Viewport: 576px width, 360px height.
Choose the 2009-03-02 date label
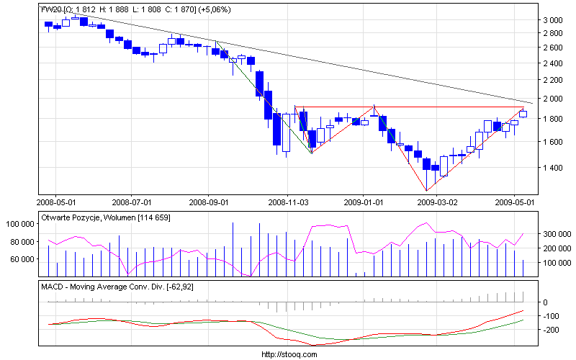click(440, 203)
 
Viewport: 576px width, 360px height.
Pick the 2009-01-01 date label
click(364, 203)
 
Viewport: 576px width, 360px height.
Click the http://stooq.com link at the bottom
click(287, 354)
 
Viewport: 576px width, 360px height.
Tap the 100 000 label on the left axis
click(22, 224)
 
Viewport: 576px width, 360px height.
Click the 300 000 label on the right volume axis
click(556, 234)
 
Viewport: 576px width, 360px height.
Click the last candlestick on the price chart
click(523, 114)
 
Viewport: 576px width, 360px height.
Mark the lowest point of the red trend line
click(426, 191)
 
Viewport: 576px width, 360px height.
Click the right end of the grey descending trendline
click(532, 103)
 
